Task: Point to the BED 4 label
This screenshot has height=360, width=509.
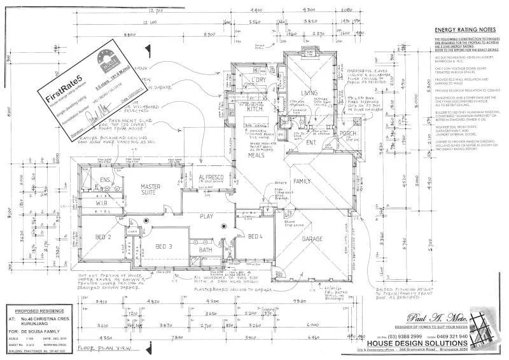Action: coord(255,237)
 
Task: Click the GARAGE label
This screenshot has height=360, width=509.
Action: coord(312,239)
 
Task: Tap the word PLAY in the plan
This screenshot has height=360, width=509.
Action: coord(206,216)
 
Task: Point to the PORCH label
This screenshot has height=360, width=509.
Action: coord(348,133)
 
